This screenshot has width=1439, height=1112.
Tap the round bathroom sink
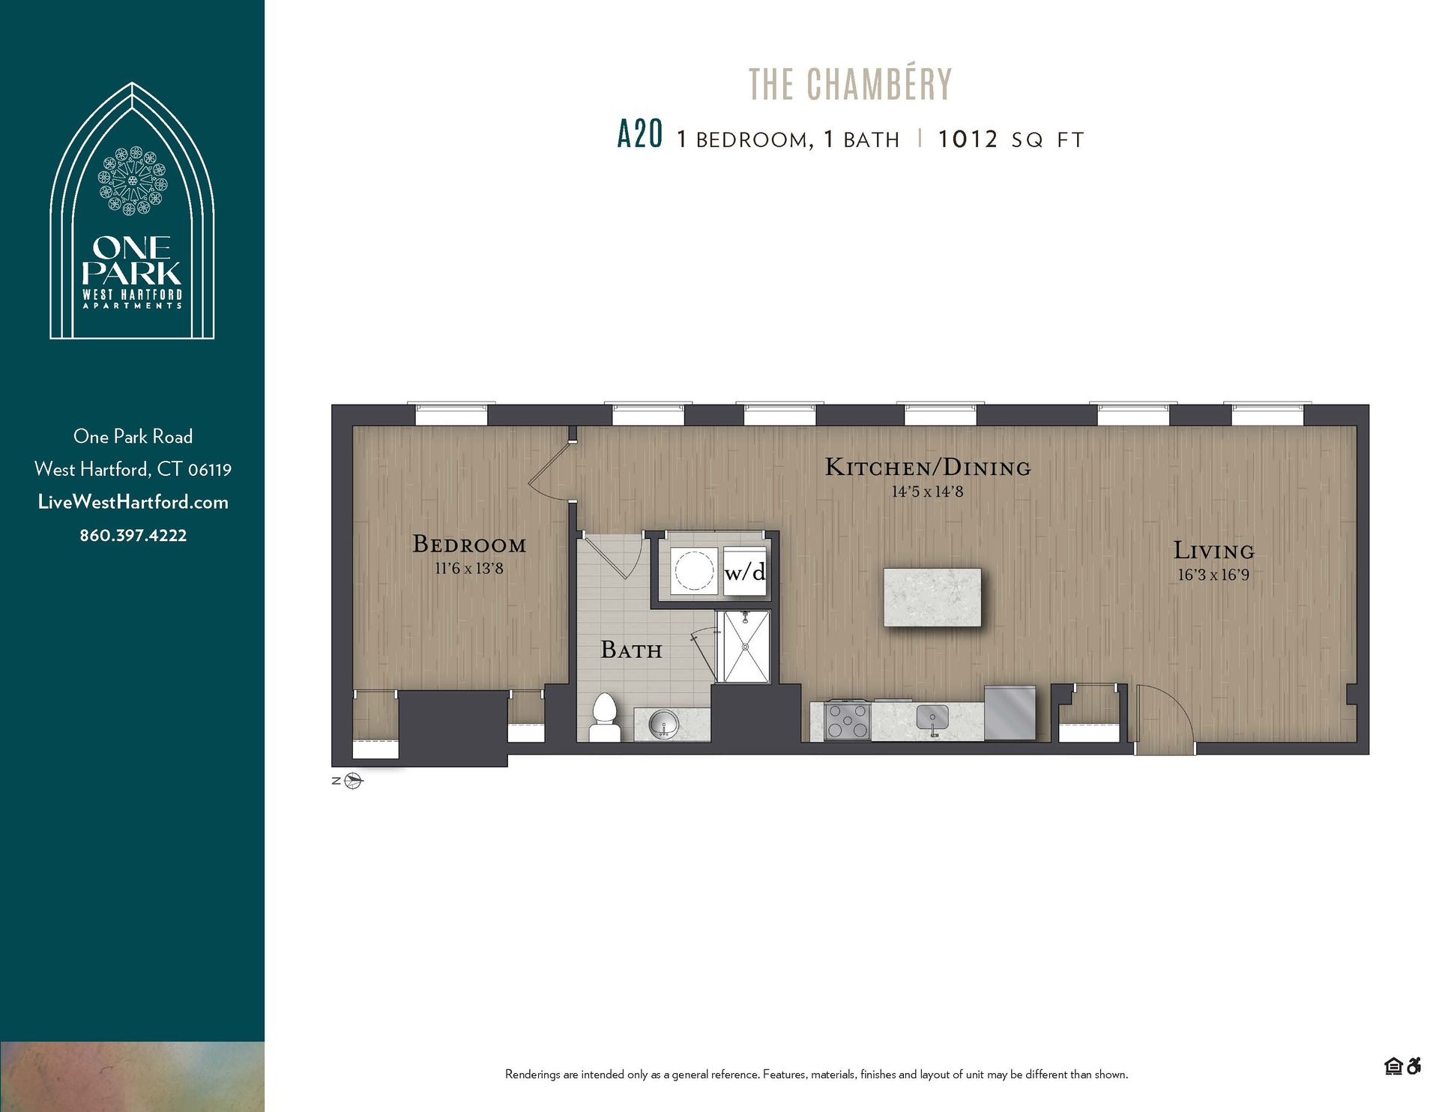click(x=664, y=724)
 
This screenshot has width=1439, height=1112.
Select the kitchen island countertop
click(x=932, y=597)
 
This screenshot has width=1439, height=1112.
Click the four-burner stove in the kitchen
click(x=848, y=721)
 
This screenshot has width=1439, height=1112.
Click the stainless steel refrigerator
click(x=1010, y=713)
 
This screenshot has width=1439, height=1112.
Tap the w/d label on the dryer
click(x=745, y=572)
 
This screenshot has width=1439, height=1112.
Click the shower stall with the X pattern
click(x=743, y=647)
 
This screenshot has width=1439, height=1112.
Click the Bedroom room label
click(x=469, y=545)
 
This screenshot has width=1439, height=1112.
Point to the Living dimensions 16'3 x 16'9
click(x=1213, y=575)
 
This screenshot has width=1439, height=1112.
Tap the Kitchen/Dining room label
click(x=928, y=468)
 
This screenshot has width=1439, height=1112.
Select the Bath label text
click(x=631, y=650)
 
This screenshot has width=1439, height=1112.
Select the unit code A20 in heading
click(x=639, y=136)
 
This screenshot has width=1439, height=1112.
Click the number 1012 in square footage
click(x=968, y=139)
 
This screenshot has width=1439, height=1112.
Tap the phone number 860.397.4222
click(x=133, y=536)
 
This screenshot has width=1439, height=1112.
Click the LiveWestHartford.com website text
click(x=133, y=503)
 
